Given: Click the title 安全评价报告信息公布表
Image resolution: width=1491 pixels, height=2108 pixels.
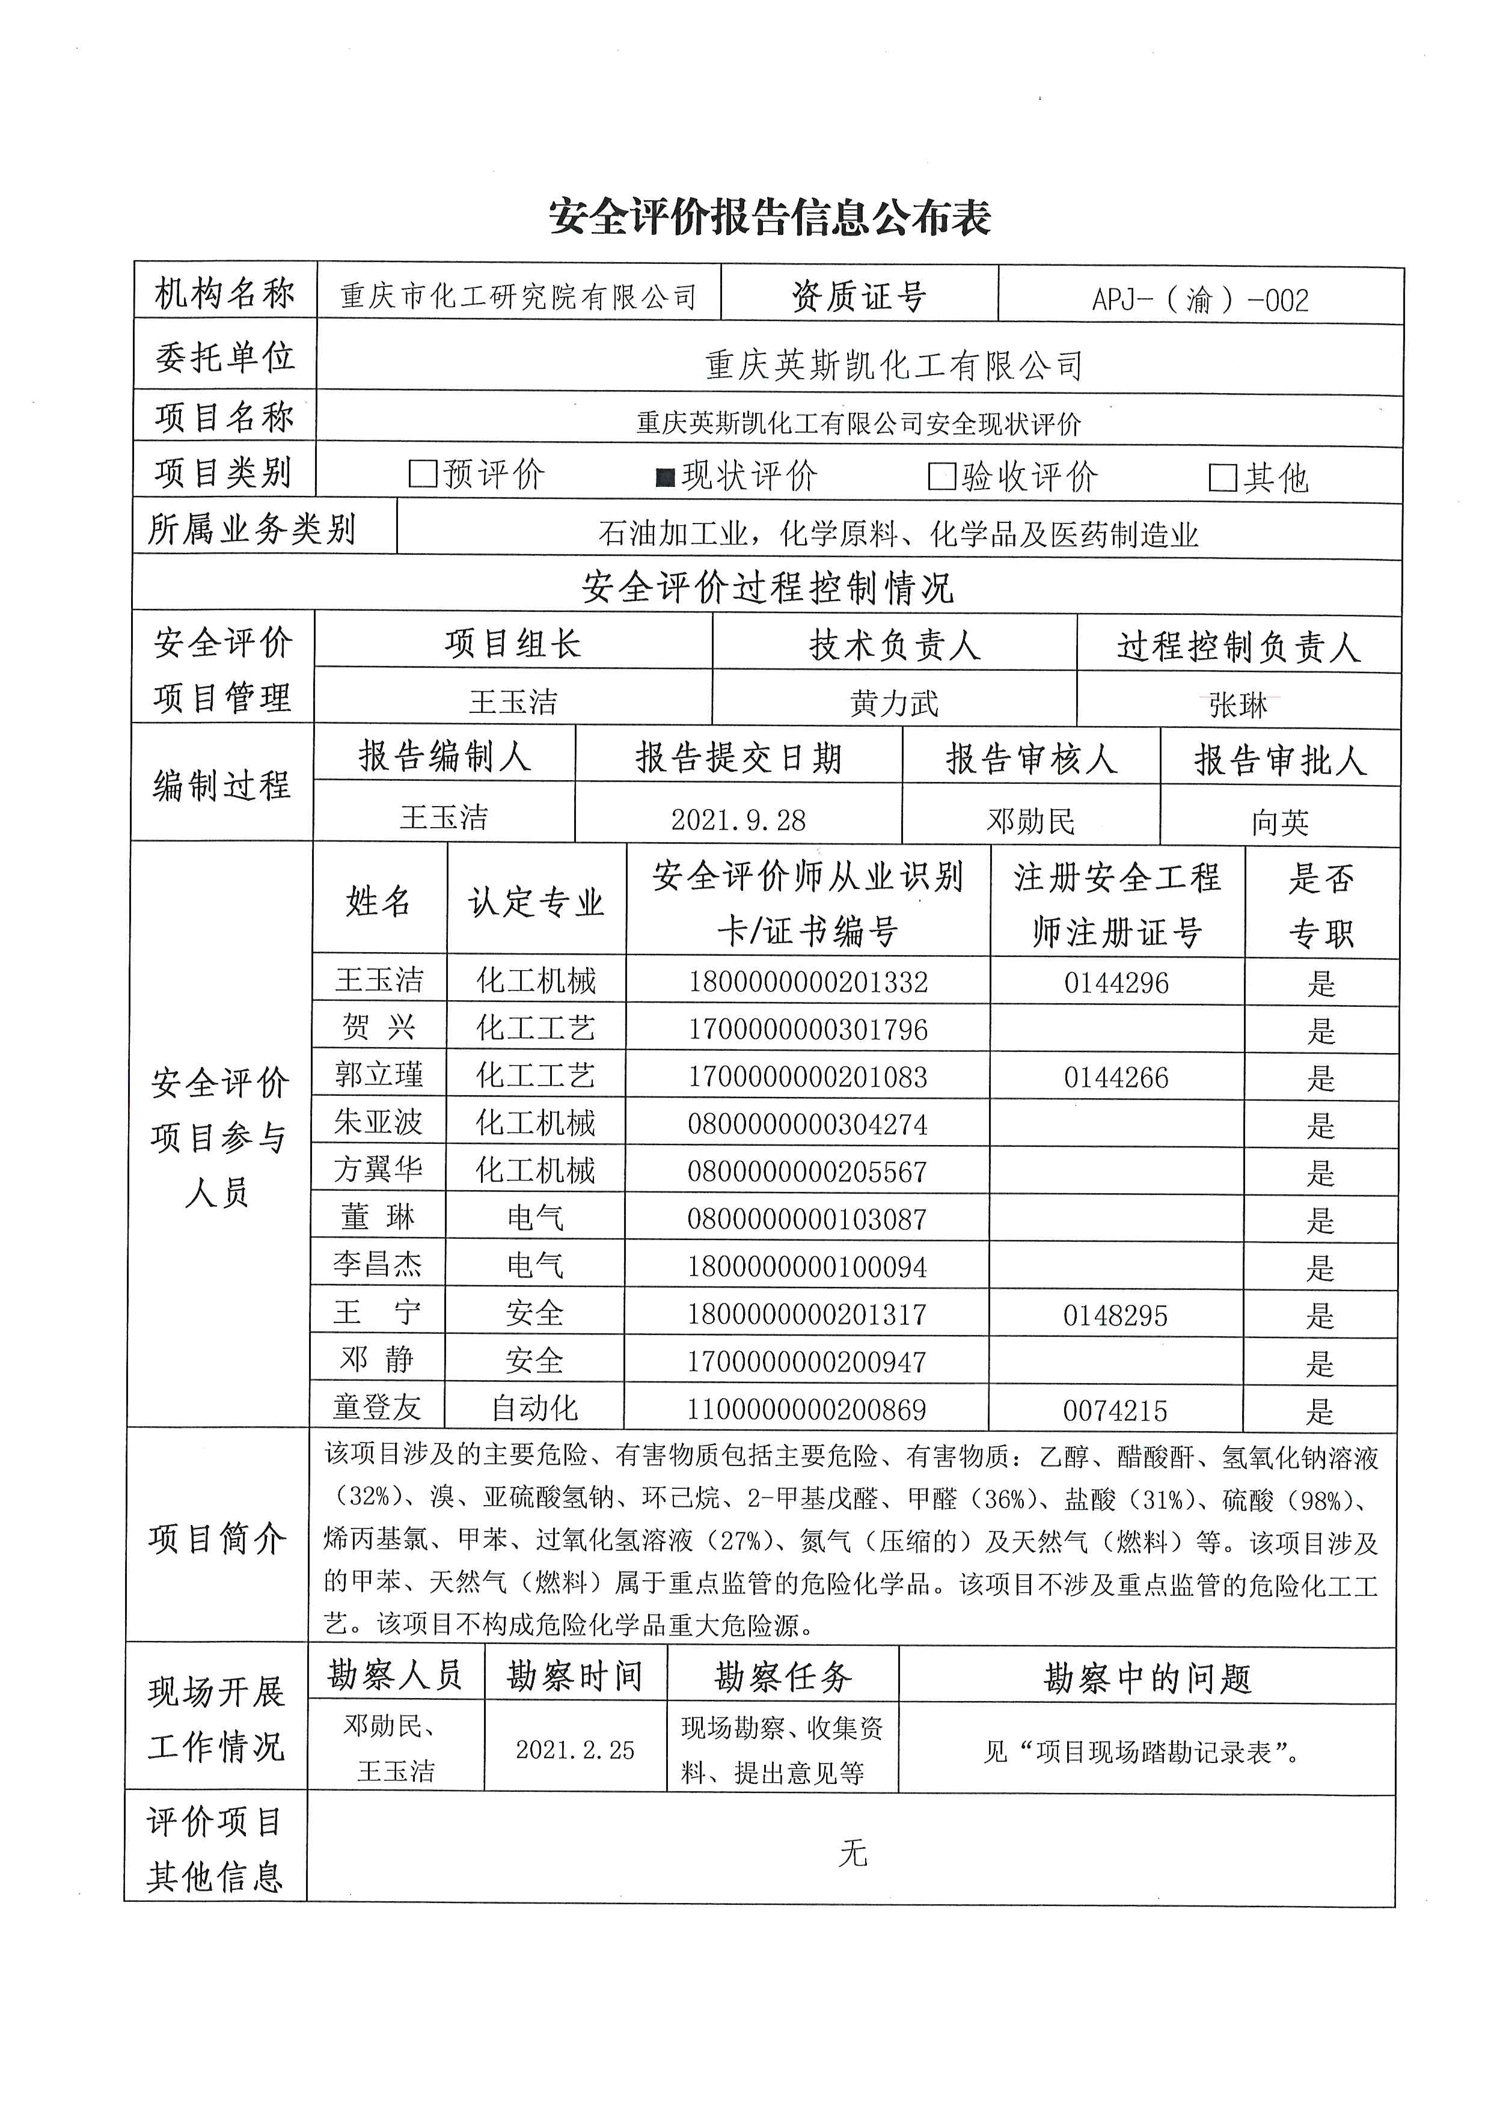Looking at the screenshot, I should [770, 218].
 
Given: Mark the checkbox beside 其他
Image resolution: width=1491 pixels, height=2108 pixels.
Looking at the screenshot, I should [1223, 477].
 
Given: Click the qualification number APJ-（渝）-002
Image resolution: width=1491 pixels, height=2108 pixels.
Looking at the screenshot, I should [1200, 299].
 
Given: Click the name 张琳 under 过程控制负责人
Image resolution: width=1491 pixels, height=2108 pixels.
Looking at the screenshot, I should [1238, 705].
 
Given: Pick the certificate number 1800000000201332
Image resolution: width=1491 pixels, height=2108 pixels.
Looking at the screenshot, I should [808, 982].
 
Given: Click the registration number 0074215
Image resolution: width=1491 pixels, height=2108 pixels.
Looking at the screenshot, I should [1115, 1410].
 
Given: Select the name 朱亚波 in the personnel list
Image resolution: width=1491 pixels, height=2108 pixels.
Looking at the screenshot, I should [378, 1122].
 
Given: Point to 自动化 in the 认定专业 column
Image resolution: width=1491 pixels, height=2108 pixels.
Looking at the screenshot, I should [534, 1408].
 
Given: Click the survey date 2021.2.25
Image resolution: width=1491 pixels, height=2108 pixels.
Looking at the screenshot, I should [575, 1750].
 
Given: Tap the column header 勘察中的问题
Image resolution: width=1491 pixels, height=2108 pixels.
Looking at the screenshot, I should [1148, 1678].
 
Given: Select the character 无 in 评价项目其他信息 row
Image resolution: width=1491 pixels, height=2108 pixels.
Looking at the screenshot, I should [852, 1854].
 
